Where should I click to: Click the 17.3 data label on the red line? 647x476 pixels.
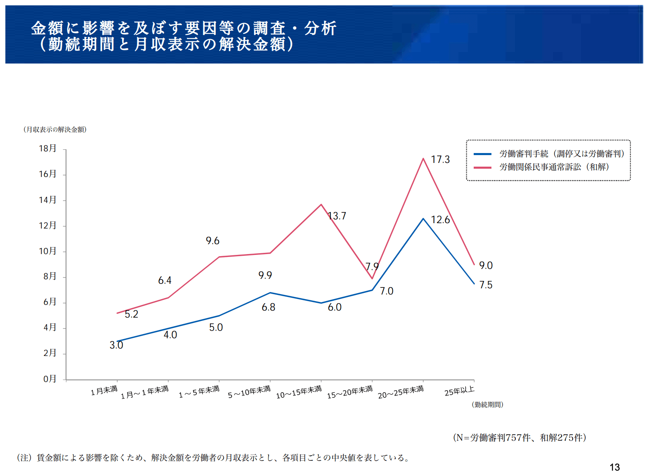tap(440, 160)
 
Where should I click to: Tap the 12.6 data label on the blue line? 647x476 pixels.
tap(440, 220)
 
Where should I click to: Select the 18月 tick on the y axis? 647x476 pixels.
tap(47, 148)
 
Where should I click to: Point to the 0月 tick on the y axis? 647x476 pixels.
tap(50, 379)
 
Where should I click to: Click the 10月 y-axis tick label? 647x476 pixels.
tap(47, 251)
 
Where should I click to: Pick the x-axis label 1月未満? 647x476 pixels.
tap(104, 390)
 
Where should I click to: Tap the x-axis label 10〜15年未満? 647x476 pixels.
tap(299, 392)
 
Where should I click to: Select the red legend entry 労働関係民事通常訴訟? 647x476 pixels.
tap(554, 167)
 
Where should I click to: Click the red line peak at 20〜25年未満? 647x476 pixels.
tap(423, 158)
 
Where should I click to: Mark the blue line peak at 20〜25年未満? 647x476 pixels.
tap(423, 219)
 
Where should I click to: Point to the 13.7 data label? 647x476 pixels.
tap(337, 216)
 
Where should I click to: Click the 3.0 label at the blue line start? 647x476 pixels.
tap(116, 345)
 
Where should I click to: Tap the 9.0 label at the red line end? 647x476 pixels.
tap(486, 266)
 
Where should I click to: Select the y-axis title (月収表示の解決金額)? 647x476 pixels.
tap(55, 130)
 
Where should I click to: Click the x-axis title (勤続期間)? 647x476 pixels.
tap(487, 405)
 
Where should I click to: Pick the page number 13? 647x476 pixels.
tap(614, 467)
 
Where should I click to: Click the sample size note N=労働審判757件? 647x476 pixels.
tap(519, 438)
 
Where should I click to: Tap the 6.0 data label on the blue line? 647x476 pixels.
tap(335, 307)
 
